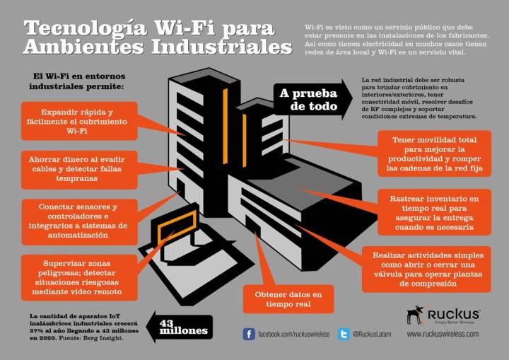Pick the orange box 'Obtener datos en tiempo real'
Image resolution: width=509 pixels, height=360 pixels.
click(288, 299)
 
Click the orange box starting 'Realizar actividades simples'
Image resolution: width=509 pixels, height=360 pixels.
click(427, 268)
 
